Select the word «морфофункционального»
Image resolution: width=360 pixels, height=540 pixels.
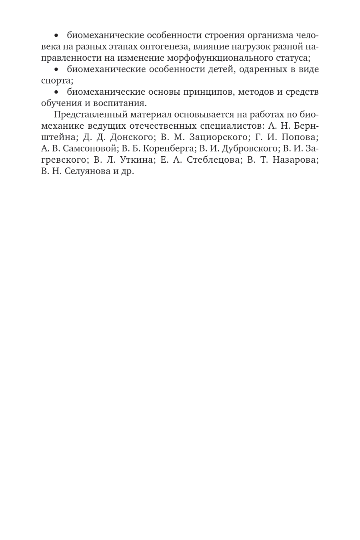pos(212,58)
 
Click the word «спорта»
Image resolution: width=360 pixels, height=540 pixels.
pos(53,80)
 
